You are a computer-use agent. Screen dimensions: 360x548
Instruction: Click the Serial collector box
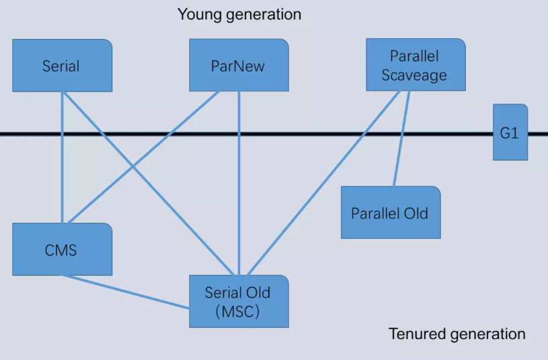pos(62,66)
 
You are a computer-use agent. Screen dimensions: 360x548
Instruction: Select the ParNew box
pos(239,66)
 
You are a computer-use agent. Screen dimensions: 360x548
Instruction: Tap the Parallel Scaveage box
pos(416,65)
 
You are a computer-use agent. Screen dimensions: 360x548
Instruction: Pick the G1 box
pos(510,133)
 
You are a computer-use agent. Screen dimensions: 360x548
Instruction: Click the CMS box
pos(62,250)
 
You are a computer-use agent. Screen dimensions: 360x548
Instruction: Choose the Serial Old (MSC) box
pos(239,301)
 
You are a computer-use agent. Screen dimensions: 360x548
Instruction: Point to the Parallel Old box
pos(390,213)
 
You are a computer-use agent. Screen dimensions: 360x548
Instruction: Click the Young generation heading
pos(239,14)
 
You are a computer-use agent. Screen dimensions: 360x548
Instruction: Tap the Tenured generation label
pos(457,334)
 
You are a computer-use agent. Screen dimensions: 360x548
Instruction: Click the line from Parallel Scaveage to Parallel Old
pos(401,141)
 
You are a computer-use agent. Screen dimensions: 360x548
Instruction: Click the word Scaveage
pos(414,75)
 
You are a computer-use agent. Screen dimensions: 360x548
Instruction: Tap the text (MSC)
pos(238,311)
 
